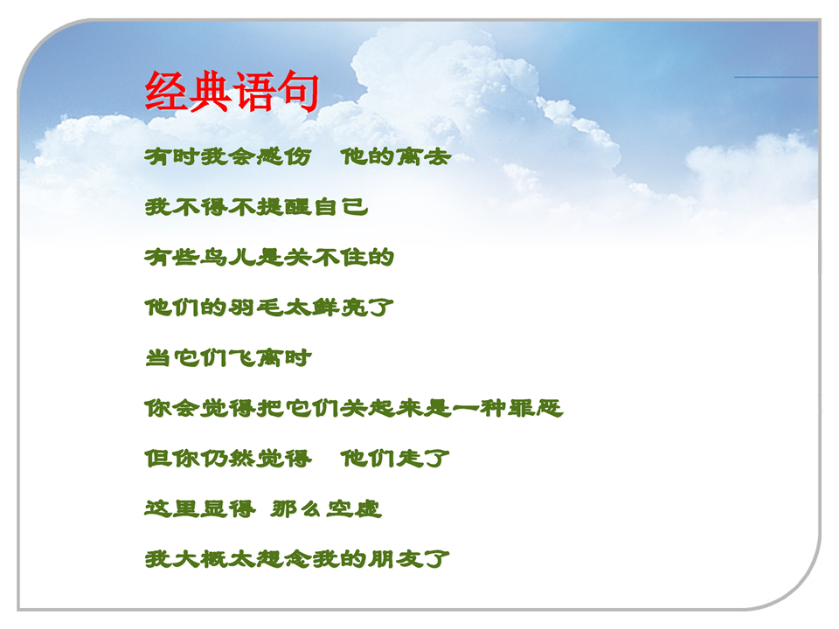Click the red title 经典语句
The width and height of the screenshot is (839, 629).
[232, 91]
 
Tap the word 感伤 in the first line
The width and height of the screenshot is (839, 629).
[283, 156]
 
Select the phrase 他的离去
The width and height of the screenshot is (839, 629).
[395, 156]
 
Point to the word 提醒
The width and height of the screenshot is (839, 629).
[283, 207]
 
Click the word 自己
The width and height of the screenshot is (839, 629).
[340, 207]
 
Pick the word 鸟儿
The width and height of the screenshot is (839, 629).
[228, 257]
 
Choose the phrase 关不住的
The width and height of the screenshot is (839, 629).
[339, 257]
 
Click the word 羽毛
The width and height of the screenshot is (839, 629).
[256, 308]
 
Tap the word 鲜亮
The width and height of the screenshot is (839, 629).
[339, 308]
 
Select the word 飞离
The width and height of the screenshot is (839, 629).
[256, 358]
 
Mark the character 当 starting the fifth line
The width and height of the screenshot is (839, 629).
[158, 358]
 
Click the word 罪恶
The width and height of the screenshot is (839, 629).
[535, 408]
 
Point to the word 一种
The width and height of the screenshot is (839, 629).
[480, 408]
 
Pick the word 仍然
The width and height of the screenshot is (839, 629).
[228, 459]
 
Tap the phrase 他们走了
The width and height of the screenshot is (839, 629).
[395, 459]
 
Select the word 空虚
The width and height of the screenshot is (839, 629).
[354, 508]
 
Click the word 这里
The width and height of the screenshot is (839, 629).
[172, 508]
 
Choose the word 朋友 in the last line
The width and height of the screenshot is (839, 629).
[395, 559]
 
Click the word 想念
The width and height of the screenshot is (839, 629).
[283, 559]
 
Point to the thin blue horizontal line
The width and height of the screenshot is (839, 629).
[776, 77]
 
